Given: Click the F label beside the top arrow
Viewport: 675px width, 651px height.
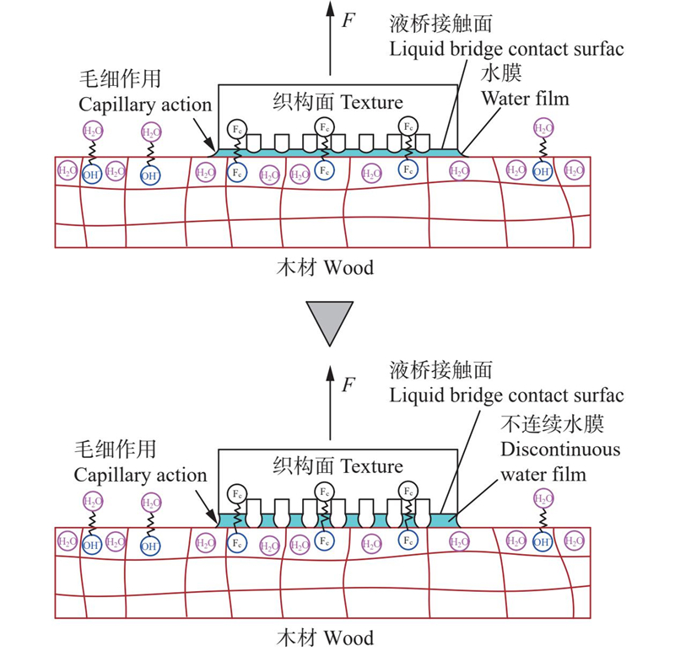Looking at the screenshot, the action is click(x=348, y=19).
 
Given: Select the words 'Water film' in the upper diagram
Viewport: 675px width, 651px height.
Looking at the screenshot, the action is click(x=525, y=99).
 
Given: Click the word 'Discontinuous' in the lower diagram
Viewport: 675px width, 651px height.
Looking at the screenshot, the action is click(x=560, y=449).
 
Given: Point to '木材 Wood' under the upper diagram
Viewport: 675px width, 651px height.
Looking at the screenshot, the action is click(x=325, y=267).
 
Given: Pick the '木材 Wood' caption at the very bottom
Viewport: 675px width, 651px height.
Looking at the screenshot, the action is click(x=325, y=638).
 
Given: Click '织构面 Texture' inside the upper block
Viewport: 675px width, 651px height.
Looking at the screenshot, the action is click(x=338, y=102).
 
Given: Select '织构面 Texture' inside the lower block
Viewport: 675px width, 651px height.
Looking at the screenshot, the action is click(x=338, y=465).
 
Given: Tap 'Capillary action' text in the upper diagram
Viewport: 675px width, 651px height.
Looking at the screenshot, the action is click(x=145, y=105).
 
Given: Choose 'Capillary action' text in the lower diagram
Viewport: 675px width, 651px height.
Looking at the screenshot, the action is click(x=140, y=475).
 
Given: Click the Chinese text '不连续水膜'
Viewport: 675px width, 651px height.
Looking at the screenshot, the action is click(x=552, y=424).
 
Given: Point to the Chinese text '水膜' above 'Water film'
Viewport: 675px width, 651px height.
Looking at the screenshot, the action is click(x=501, y=73).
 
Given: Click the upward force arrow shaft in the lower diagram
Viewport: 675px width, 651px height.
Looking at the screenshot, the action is click(x=330, y=403).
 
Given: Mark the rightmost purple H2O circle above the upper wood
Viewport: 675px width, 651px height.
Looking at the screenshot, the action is click(x=543, y=128).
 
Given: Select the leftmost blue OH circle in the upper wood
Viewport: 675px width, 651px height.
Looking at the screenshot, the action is click(x=92, y=175).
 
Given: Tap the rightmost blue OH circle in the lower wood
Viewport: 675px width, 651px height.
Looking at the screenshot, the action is click(x=543, y=542).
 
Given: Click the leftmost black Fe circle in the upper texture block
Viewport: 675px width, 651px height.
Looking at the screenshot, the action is click(x=237, y=129).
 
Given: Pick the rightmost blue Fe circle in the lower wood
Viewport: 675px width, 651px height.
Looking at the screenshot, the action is click(x=408, y=540).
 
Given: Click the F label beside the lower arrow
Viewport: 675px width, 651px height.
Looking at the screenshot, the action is click(x=348, y=385).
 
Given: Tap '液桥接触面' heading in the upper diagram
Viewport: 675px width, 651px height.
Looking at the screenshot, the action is click(x=440, y=24).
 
